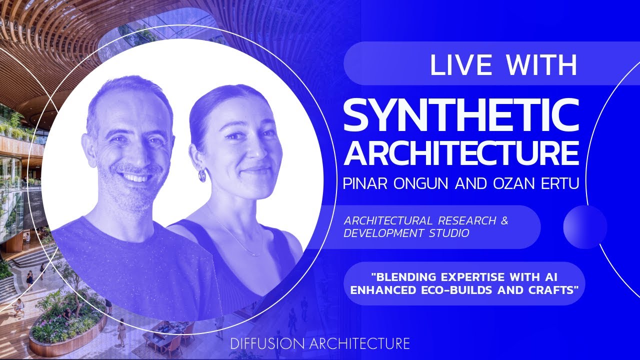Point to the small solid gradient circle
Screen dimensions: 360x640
(x=585, y=227)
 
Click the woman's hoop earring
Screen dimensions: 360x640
(x=201, y=175)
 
